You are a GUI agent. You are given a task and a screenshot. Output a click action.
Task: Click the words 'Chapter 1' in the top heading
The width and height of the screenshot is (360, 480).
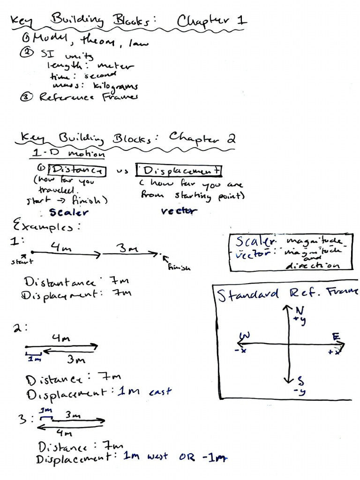tap(212, 22)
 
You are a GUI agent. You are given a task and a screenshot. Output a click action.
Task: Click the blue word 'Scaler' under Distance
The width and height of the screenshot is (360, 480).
tap(69, 212)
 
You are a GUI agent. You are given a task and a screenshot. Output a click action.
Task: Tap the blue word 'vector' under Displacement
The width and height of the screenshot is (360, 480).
tap(179, 211)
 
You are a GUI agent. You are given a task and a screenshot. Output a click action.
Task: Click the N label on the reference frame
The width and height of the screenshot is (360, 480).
tap(300, 311)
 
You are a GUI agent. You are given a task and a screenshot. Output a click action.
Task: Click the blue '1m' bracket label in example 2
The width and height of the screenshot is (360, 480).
tap(34, 359)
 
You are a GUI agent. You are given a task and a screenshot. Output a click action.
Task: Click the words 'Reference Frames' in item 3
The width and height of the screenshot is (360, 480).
tap(89, 97)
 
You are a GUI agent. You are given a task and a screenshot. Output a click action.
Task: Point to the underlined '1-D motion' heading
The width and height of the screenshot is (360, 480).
tap(68, 153)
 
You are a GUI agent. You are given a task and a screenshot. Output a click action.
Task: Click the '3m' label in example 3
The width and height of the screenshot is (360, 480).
tap(73, 415)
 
